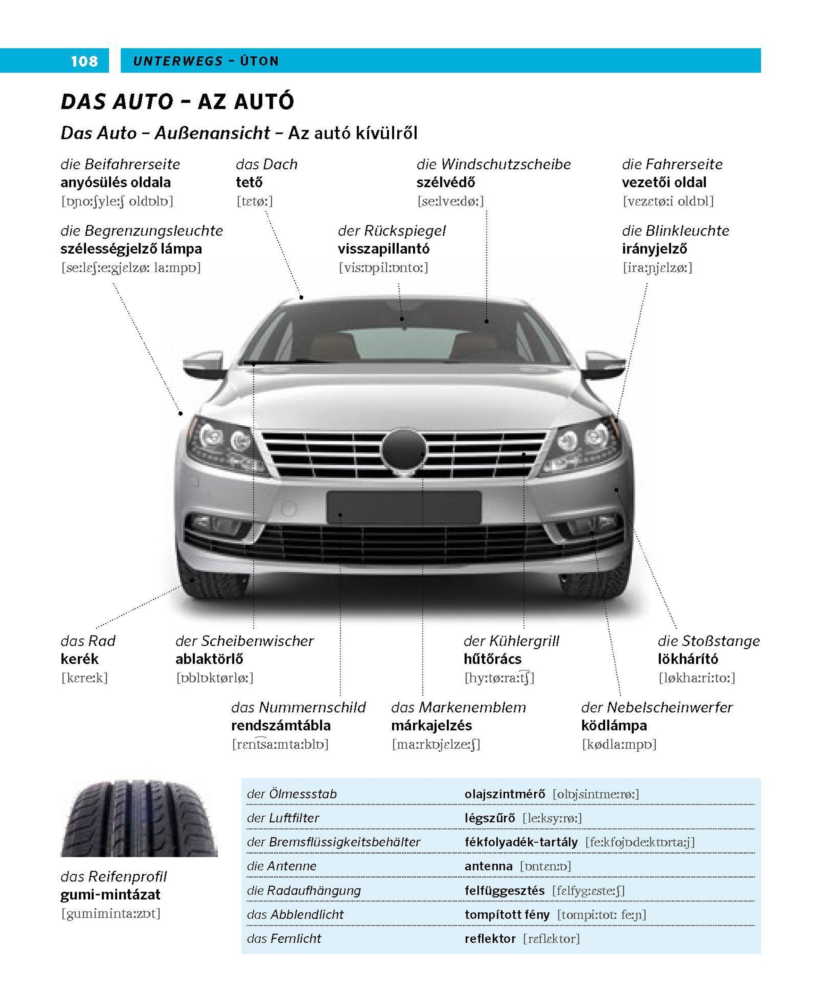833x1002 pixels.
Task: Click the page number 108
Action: click(84, 61)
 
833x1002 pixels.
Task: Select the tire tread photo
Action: click(139, 819)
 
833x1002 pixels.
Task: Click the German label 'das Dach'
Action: click(266, 164)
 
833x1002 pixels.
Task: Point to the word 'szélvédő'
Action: click(446, 182)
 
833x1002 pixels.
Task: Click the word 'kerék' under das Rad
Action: click(79, 659)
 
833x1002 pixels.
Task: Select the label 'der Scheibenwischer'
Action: click(244, 641)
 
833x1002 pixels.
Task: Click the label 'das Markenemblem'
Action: click(458, 707)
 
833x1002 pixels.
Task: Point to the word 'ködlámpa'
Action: click(614, 725)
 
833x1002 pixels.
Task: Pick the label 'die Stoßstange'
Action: click(708, 641)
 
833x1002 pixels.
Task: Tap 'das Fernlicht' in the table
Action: click(284, 938)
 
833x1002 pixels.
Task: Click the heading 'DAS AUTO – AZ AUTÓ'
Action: click(177, 102)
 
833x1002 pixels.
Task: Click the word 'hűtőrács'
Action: click(493, 659)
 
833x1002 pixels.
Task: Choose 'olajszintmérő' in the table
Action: click(504, 794)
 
